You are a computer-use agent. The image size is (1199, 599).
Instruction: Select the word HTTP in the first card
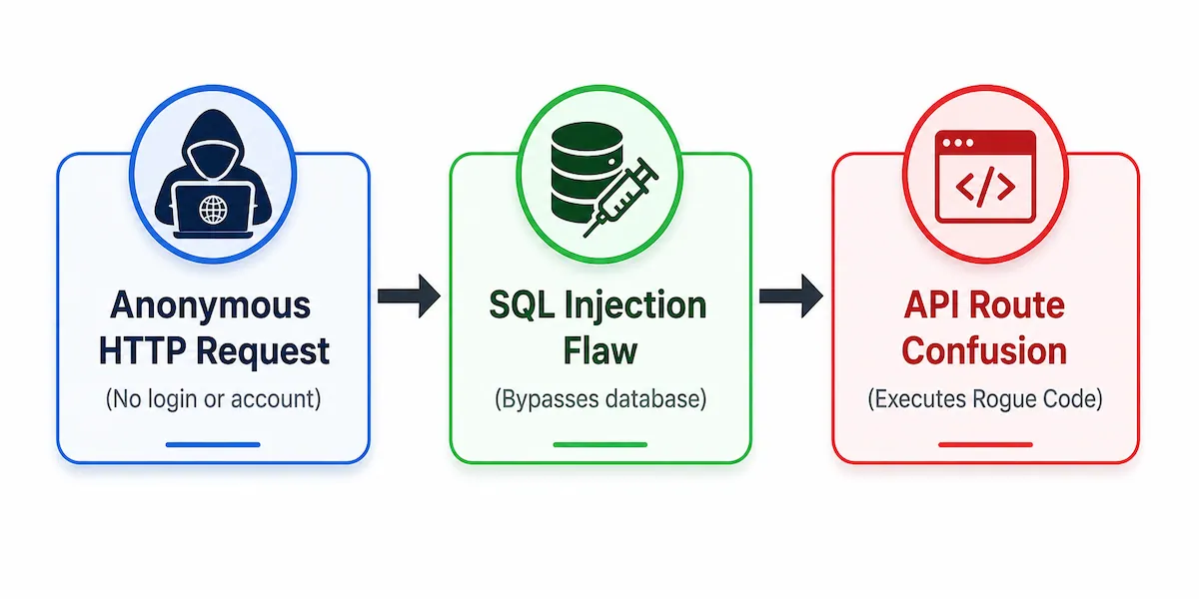point(142,350)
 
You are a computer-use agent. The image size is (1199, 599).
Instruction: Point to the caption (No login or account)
point(213,399)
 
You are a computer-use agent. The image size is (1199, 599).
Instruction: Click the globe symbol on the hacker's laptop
point(213,210)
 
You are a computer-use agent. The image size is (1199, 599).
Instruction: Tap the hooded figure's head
point(213,145)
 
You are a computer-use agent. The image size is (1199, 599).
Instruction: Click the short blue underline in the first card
point(213,444)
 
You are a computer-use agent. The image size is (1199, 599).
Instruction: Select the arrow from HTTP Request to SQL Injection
point(409,296)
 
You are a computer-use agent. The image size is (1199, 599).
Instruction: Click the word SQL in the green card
point(522,305)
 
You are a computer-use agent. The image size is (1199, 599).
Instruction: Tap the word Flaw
point(600,350)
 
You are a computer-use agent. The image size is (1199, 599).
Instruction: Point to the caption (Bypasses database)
point(600,399)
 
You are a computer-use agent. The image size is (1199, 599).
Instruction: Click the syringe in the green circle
point(620,198)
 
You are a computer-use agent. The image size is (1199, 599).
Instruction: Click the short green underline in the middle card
point(600,444)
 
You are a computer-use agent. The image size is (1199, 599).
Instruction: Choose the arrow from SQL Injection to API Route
point(791,296)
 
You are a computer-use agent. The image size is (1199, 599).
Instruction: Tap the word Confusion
point(984,351)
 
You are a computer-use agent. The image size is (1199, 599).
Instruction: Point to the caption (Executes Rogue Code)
point(985,399)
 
